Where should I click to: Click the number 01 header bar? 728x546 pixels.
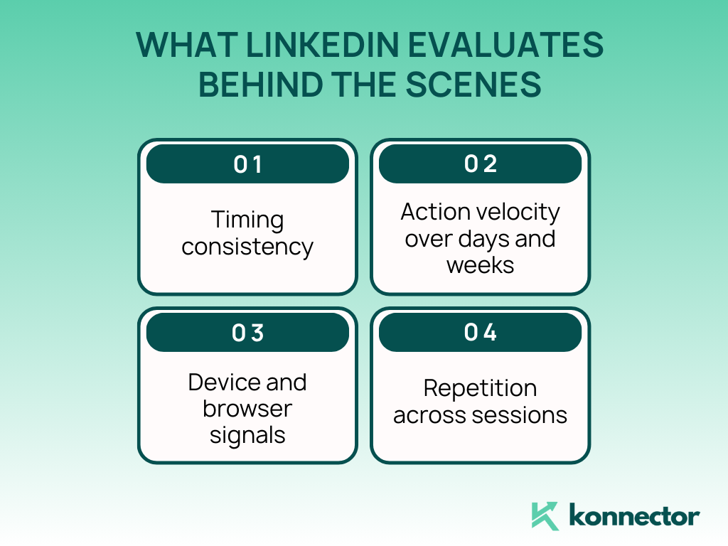pos(247,164)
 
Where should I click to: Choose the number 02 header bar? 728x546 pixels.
pos(481,164)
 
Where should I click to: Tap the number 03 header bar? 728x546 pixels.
pos(247,332)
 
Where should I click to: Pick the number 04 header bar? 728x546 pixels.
pos(481,332)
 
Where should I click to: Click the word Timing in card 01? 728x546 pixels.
pos(247,220)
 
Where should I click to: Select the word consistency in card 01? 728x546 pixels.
pos(247,247)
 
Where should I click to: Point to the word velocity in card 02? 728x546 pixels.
pos(520,212)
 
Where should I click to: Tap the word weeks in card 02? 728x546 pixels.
pos(481,264)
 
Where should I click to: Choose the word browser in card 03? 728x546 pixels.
pos(247,409)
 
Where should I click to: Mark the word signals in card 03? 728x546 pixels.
pos(247,434)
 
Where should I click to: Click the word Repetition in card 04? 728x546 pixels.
pos(481,388)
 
